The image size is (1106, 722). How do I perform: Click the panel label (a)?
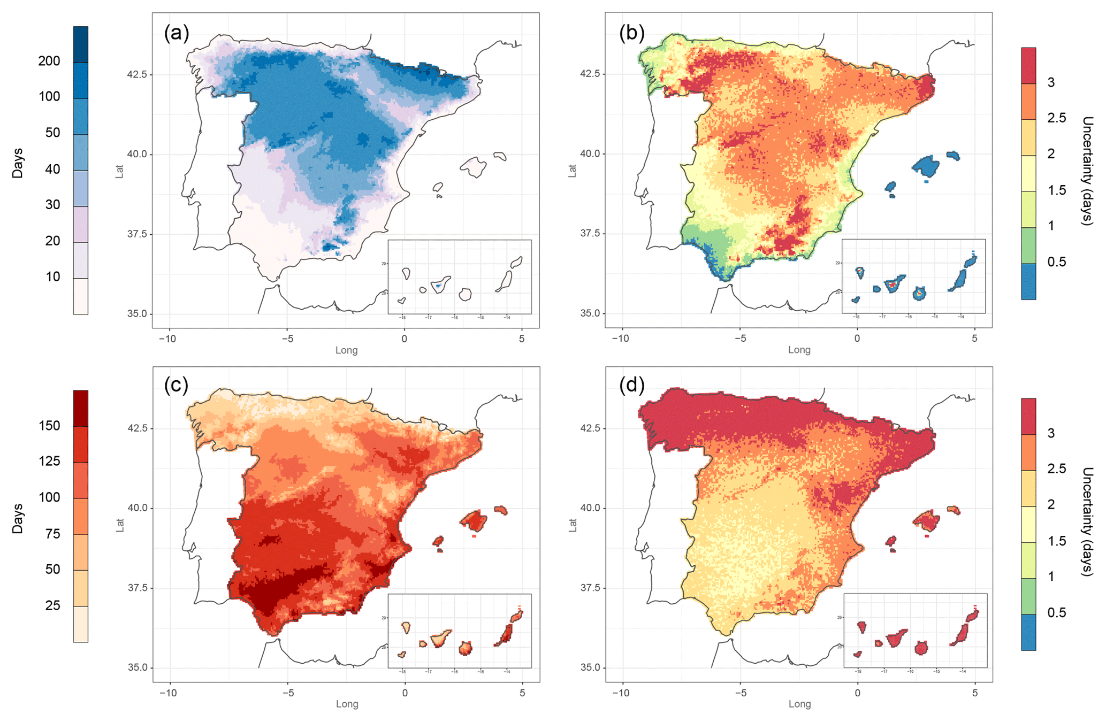click(x=177, y=33)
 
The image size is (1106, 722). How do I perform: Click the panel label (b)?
click(x=631, y=33)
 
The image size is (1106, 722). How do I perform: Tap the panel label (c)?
click(x=177, y=385)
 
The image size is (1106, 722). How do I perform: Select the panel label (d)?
click(x=631, y=385)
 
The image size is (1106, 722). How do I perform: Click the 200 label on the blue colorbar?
click(x=49, y=61)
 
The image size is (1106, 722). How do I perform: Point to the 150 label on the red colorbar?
click(x=49, y=426)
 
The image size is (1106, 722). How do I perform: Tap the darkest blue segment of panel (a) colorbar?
click(x=81, y=44)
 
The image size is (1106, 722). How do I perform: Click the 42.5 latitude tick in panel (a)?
click(x=136, y=74)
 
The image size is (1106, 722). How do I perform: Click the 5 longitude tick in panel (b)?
click(x=974, y=339)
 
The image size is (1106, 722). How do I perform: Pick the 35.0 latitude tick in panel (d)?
click(x=591, y=667)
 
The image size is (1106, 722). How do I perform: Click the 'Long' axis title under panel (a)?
click(x=346, y=350)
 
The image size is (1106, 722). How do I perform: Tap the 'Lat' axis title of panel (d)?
click(x=573, y=525)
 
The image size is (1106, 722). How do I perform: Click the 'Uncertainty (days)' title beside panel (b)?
click(x=1086, y=171)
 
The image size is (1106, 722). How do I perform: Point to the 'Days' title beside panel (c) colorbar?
click(x=18, y=518)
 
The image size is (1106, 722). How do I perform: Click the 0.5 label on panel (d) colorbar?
click(x=1056, y=613)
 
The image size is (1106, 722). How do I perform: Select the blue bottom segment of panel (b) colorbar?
click(x=1028, y=281)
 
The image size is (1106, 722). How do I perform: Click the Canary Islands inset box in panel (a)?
click(x=459, y=276)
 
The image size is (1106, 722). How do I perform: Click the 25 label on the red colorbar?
click(x=52, y=605)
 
